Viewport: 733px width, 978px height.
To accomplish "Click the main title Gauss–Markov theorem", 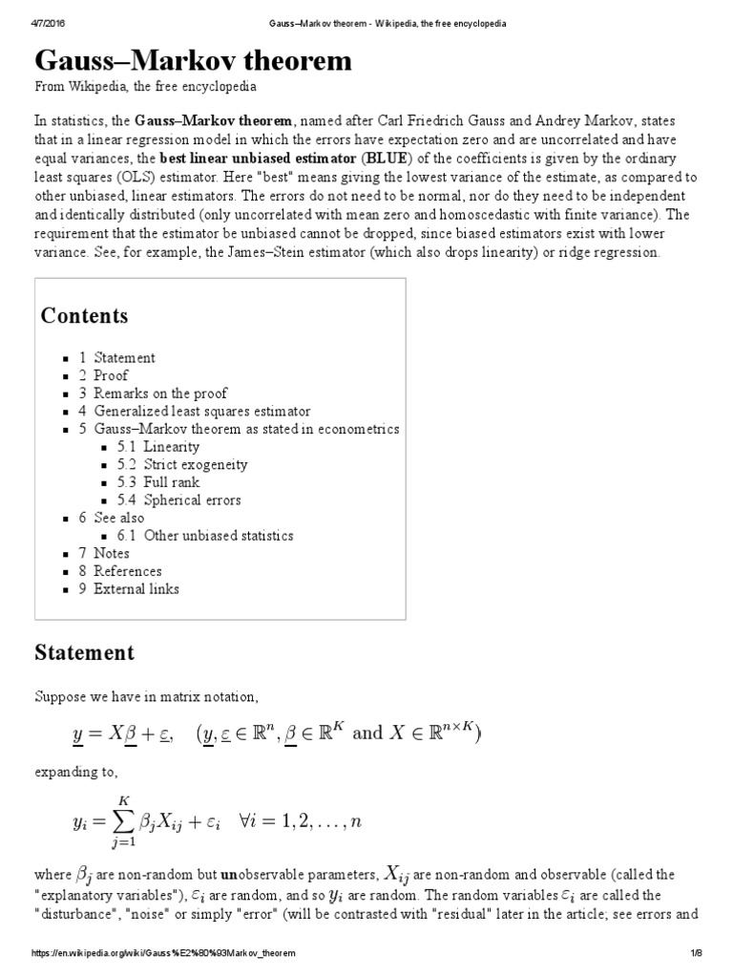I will pos(194,61).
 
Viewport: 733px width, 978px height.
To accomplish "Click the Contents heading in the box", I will pos(84,316).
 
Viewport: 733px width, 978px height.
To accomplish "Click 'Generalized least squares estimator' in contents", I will pos(201,412).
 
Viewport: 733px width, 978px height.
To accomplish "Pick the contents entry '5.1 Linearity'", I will pos(158,447).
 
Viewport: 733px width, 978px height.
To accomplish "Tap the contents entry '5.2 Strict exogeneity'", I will pos(182,464).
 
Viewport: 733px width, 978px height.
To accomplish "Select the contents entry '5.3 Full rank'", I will pos(158,482).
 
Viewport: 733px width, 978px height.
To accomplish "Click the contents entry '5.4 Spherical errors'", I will pos(178,500).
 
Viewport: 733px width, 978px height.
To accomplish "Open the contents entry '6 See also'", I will pos(112,518).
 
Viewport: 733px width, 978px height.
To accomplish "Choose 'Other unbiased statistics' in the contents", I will pos(205,536).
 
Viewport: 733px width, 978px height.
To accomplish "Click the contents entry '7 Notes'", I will pos(104,553).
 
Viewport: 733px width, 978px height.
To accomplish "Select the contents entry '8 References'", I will pos(120,571).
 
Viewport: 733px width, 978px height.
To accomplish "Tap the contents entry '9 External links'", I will pos(129,589).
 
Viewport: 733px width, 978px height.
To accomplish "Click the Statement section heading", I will pos(84,653).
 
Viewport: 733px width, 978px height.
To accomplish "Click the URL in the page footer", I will pos(163,954).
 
